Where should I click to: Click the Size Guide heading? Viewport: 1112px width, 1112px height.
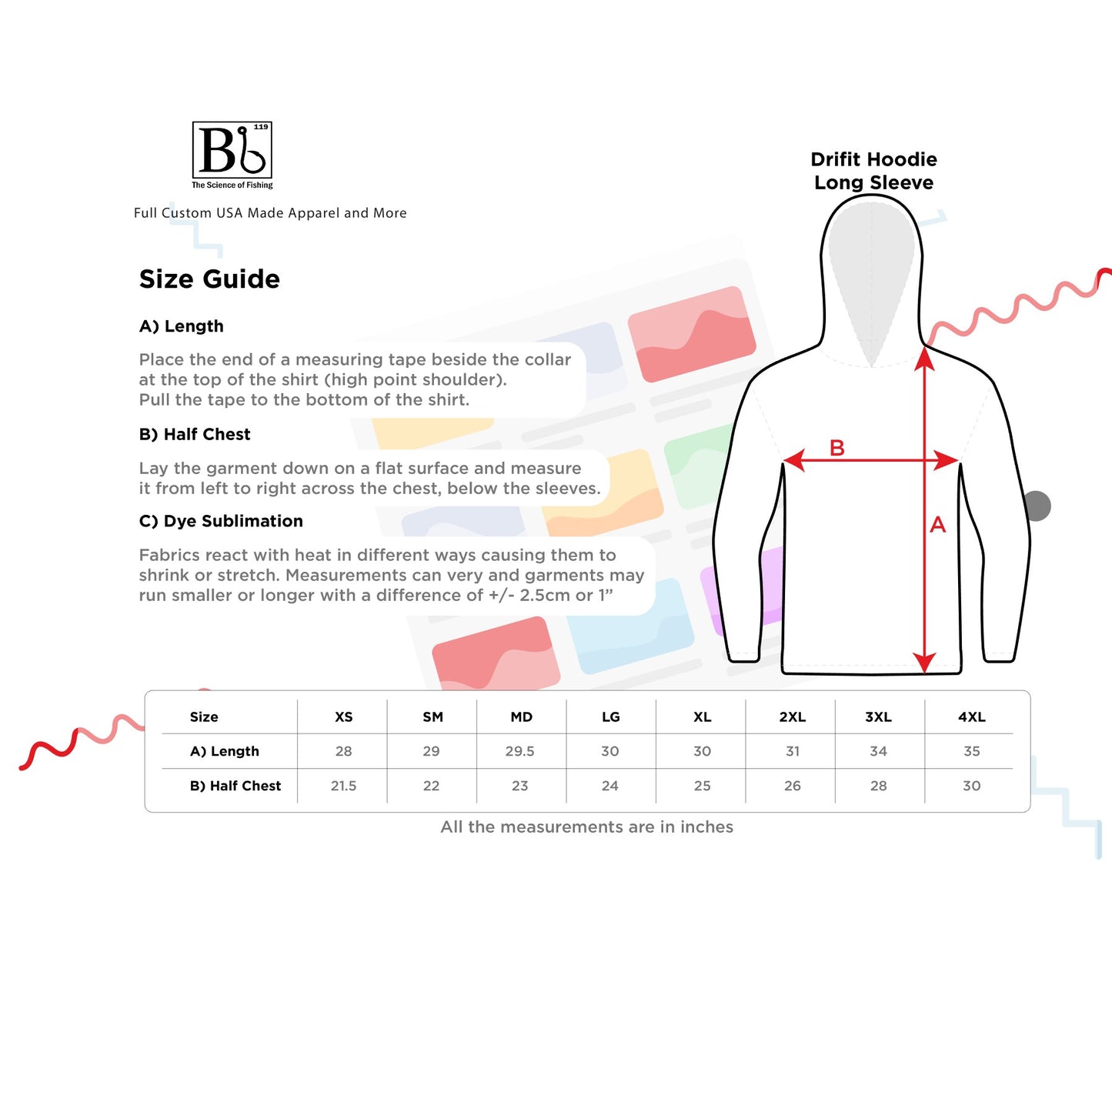pyautogui.click(x=209, y=279)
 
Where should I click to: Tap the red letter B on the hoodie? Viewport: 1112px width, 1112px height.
pyautogui.click(x=837, y=447)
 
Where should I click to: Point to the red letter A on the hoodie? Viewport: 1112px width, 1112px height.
pyautogui.click(x=938, y=525)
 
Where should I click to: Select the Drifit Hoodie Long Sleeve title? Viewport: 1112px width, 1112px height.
pyautogui.click(x=873, y=171)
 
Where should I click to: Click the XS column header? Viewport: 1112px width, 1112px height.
pyautogui.click(x=343, y=716)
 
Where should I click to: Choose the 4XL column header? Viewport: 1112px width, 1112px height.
pyautogui.click(x=972, y=716)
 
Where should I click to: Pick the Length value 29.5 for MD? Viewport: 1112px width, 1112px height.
pyautogui.click(x=519, y=751)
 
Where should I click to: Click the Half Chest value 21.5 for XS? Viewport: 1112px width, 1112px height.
pyautogui.click(x=343, y=786)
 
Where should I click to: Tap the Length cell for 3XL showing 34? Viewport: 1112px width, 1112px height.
pyautogui.click(x=878, y=751)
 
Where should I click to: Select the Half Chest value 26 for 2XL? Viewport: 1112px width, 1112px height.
pyautogui.click(x=793, y=786)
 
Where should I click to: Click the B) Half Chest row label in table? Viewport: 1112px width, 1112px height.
pyautogui.click(x=235, y=786)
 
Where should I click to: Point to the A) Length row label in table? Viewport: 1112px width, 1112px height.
pyautogui.click(x=225, y=751)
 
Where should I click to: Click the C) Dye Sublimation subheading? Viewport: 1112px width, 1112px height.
pyautogui.click(x=221, y=521)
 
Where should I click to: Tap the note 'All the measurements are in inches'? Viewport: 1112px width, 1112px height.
pyautogui.click(x=587, y=827)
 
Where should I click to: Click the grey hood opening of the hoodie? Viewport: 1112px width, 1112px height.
pyautogui.click(x=871, y=265)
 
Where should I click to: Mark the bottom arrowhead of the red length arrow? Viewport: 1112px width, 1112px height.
pyautogui.click(x=924, y=663)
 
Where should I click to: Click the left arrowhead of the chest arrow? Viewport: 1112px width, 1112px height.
pyautogui.click(x=793, y=460)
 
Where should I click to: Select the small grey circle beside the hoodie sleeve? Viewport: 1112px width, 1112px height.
pyautogui.click(x=1037, y=506)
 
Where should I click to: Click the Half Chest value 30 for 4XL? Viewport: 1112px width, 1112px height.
pyautogui.click(x=972, y=786)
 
